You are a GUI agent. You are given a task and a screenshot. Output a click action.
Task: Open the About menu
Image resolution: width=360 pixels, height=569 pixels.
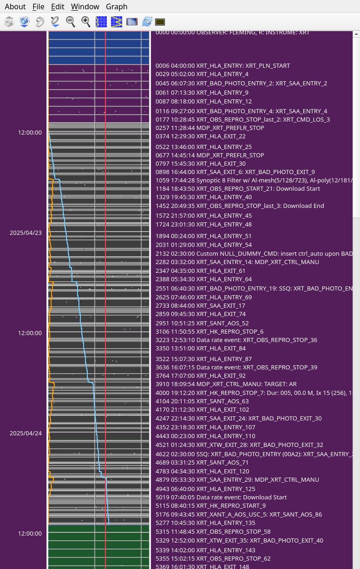pyautogui.click(x=15, y=6)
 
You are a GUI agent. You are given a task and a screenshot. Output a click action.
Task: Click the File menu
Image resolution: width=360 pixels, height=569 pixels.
pyautogui.click(x=39, y=6)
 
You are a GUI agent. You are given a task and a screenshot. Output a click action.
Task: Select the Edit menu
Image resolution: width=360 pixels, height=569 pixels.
pyautogui.click(x=58, y=6)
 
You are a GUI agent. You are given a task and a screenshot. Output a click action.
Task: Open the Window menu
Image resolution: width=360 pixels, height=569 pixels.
pyautogui.click(x=85, y=6)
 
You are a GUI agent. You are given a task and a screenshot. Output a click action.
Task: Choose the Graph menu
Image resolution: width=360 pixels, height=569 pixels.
pyautogui.click(x=117, y=6)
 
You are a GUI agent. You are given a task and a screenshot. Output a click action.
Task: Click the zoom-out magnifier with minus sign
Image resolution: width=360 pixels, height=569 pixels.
pyautogui.click(x=71, y=21)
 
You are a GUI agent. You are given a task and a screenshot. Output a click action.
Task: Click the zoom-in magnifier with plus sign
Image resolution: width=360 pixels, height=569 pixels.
pyautogui.click(x=86, y=21)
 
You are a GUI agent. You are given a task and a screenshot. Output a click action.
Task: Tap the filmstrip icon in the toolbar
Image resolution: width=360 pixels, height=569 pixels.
pyautogui.click(x=132, y=22)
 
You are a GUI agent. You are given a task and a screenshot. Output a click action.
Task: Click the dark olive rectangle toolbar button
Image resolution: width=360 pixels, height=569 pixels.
pyautogui.click(x=160, y=22)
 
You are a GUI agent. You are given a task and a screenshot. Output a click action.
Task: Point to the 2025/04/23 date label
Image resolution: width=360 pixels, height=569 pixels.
pyautogui.click(x=26, y=233)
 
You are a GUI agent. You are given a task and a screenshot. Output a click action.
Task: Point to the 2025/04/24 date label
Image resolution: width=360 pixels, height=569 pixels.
pyautogui.click(x=26, y=433)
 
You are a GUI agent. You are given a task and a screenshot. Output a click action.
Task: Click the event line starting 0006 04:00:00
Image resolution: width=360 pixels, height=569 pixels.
pyautogui.click(x=223, y=65)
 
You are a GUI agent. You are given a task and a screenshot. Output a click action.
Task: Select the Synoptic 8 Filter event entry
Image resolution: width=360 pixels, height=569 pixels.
pyautogui.click(x=254, y=180)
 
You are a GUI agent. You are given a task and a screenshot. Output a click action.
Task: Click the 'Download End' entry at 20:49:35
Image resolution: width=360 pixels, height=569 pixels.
pyautogui.click(x=240, y=206)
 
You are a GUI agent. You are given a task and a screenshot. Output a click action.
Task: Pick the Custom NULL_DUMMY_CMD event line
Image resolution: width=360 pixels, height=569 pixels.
pyautogui.click(x=254, y=253)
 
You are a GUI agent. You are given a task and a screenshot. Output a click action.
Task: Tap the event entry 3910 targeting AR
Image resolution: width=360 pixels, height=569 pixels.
pyautogui.click(x=226, y=384)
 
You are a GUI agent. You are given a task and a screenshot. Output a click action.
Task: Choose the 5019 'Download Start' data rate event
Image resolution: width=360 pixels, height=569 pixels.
pyautogui.click(x=221, y=497)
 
